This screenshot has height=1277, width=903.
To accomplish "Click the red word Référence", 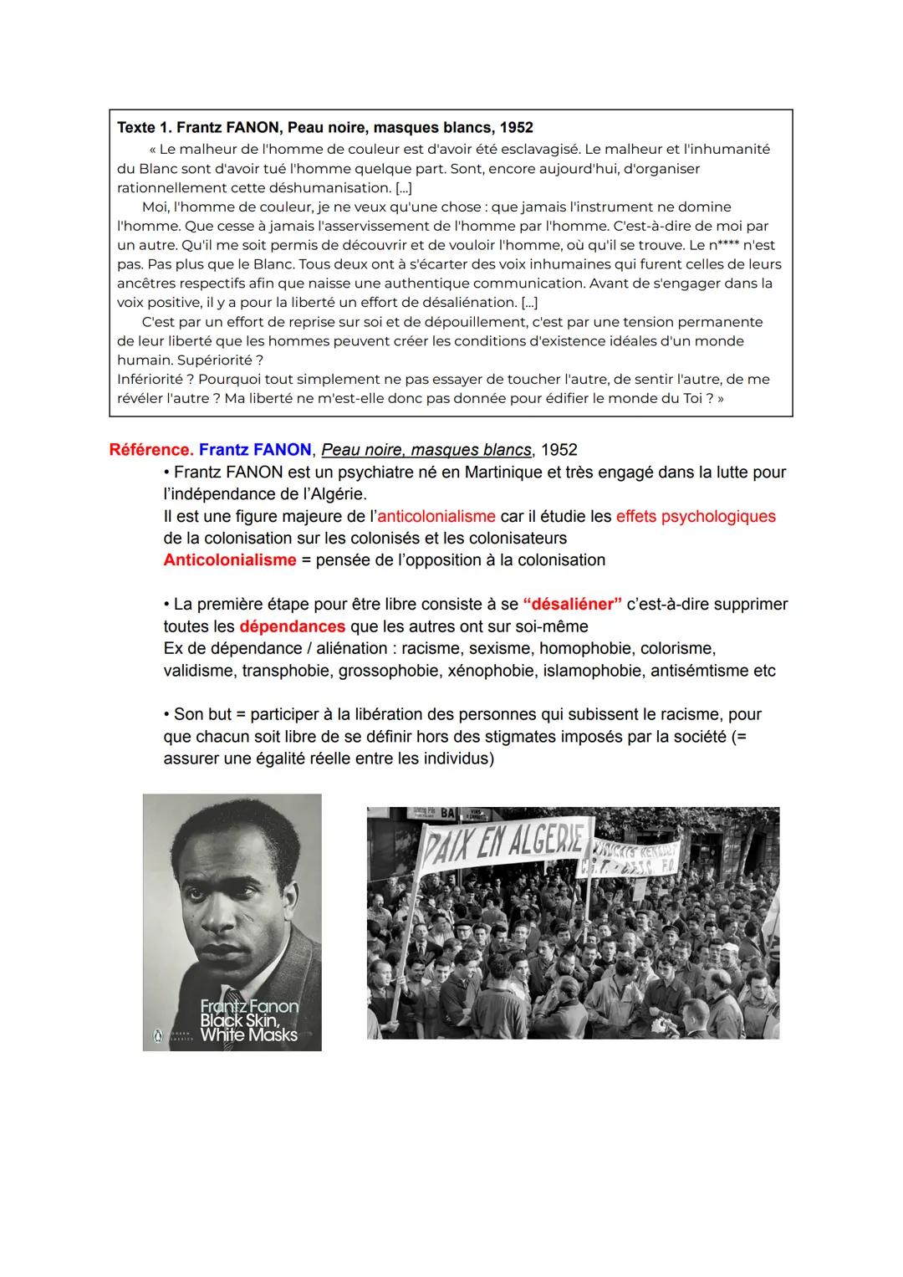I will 151,450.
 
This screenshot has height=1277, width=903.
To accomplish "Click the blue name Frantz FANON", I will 255,450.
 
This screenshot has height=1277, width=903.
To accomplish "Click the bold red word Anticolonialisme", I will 230,560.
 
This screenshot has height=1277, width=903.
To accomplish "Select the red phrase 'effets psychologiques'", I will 696,517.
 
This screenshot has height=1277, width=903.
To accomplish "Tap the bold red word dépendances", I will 292,626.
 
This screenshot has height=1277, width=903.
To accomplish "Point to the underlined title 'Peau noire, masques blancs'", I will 426,450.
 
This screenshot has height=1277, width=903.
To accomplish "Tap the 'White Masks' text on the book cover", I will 248,1035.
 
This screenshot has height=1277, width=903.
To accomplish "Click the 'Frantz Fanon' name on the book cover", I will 248,1006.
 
